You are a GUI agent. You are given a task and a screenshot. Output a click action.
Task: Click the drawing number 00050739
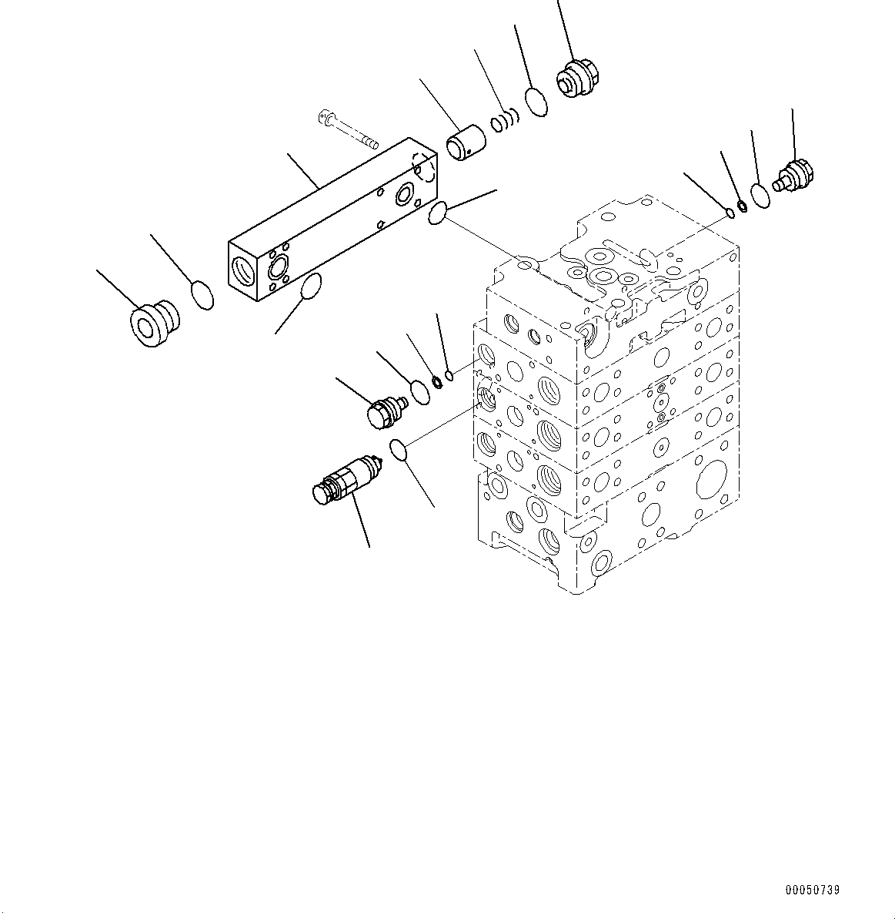(x=813, y=890)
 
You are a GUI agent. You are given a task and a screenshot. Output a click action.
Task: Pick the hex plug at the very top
(x=577, y=79)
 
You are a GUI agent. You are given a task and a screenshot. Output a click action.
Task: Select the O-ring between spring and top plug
(x=537, y=102)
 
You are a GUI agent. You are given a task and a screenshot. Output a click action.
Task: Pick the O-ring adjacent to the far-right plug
(x=760, y=195)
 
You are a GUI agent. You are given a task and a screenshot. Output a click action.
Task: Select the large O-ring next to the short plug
(x=420, y=392)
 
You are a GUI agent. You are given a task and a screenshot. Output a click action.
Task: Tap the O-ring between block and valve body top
(x=438, y=213)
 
